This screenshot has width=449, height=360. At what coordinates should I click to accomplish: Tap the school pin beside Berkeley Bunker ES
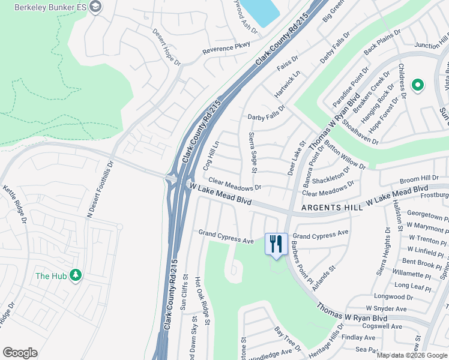(95, 6)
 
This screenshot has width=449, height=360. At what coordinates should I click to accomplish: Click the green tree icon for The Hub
(76, 275)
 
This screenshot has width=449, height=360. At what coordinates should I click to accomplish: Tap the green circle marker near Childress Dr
(418, 86)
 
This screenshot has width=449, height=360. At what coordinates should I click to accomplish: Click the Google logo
(20, 353)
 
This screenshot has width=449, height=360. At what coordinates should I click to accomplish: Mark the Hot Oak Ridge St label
(202, 301)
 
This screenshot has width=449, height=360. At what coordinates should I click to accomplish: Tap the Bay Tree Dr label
(287, 340)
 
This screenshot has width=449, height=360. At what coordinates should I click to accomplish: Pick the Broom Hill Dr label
(419, 179)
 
